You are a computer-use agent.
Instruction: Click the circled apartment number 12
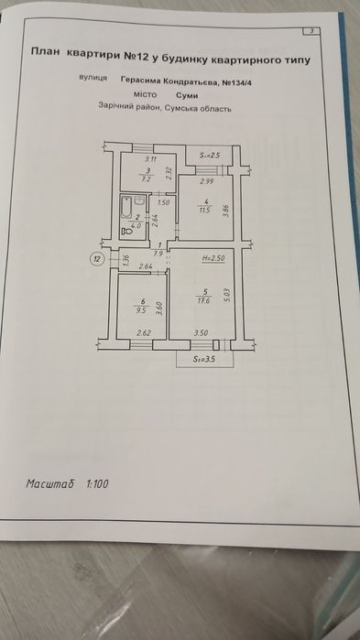97,259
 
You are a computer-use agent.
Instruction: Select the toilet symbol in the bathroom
126,232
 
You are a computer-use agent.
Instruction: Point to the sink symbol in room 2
139,201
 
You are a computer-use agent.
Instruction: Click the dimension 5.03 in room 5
228,295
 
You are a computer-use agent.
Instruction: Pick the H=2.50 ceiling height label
213,258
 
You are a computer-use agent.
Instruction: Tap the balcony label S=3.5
204,360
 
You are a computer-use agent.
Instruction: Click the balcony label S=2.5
210,156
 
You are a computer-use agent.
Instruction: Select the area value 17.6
203,301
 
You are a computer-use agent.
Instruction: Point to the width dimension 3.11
140,159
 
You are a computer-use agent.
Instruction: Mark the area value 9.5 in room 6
140,309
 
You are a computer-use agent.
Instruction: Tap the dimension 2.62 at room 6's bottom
144,333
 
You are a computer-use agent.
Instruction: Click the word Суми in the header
187,95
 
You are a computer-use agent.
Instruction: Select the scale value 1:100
97,484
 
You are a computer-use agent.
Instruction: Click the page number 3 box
311,31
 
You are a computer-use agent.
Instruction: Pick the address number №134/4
237,82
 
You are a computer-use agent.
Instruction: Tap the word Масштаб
49,484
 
